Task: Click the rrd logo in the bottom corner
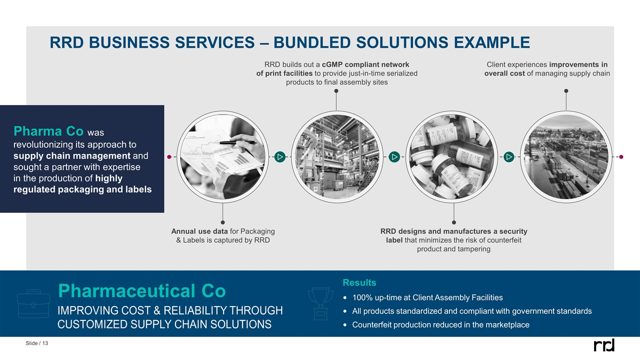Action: pyautogui.click(x=603, y=345)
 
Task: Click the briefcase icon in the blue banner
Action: pyautogui.click(x=33, y=303)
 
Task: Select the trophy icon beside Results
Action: pyautogui.click(x=320, y=303)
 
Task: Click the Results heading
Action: pyautogui.click(x=359, y=283)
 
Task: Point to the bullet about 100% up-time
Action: pyautogui.click(x=427, y=298)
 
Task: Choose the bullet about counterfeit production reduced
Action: pyautogui.click(x=440, y=325)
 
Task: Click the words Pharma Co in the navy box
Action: pyautogui.click(x=48, y=131)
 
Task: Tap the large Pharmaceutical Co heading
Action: pyautogui.click(x=142, y=290)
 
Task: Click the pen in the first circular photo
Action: pyautogui.click(x=237, y=142)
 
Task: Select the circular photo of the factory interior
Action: pyautogui.click(x=336, y=157)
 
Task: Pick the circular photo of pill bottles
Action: pyautogui.click(x=451, y=157)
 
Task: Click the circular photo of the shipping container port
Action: pyautogui.click(x=566, y=157)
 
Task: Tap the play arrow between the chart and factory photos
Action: pyautogui.click(x=279, y=157)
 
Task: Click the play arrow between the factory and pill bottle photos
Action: pyautogui.click(x=394, y=157)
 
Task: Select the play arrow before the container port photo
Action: pyautogui.click(x=508, y=157)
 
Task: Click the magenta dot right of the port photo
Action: pyautogui.click(x=621, y=157)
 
